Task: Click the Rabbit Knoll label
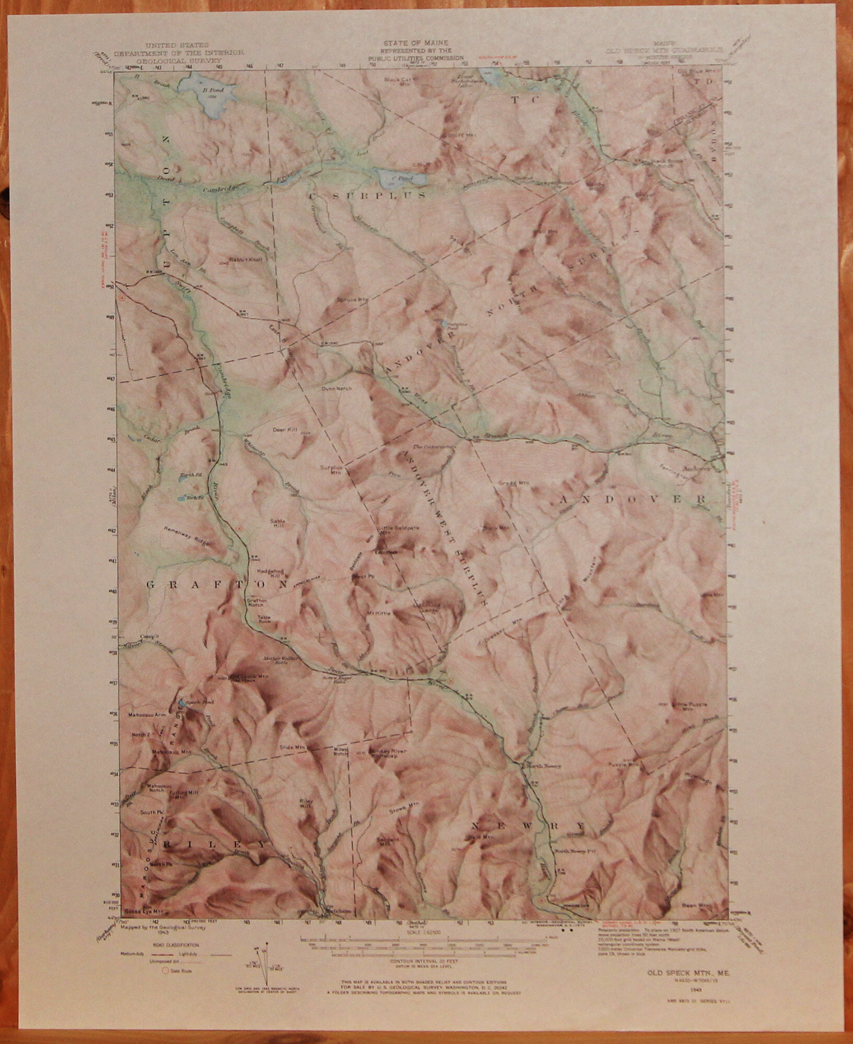[x=240, y=259]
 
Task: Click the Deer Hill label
[x=284, y=430]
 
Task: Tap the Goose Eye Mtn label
[x=141, y=911]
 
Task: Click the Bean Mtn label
[x=695, y=906]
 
